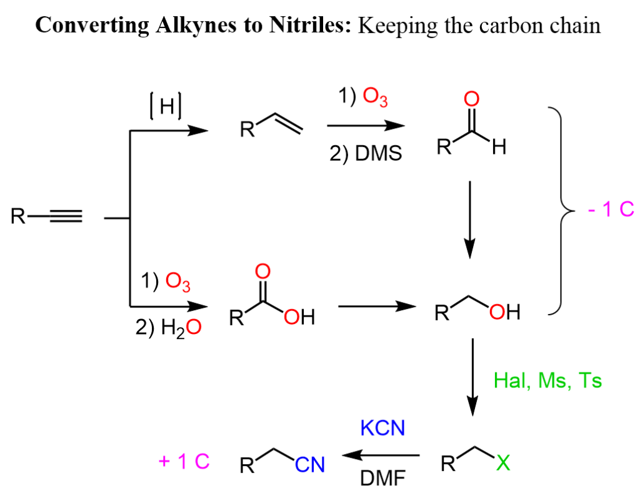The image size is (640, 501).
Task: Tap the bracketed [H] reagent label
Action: (166, 106)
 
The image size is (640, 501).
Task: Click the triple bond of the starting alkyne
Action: (66, 216)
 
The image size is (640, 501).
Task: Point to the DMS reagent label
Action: (378, 154)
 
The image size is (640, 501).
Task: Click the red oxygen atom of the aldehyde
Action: (471, 99)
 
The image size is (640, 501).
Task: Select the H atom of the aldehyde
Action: (499, 147)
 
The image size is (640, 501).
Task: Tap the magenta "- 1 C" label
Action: (611, 209)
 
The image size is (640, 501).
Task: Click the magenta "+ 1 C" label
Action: (184, 462)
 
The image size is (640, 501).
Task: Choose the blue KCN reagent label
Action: (382, 428)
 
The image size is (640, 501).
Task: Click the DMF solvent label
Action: (383, 478)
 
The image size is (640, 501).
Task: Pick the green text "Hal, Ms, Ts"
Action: (547, 380)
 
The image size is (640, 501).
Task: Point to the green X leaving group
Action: (503, 463)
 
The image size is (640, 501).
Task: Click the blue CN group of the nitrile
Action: (310, 465)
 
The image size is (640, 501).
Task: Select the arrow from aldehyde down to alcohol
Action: (470, 220)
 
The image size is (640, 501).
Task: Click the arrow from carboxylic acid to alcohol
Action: (377, 306)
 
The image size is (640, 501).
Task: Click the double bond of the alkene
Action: (289, 123)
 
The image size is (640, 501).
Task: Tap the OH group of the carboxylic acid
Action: (299, 317)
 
